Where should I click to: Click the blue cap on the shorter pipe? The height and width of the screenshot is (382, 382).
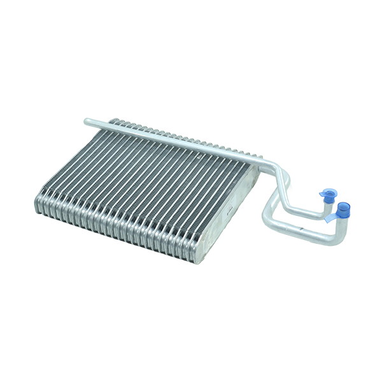328,194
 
